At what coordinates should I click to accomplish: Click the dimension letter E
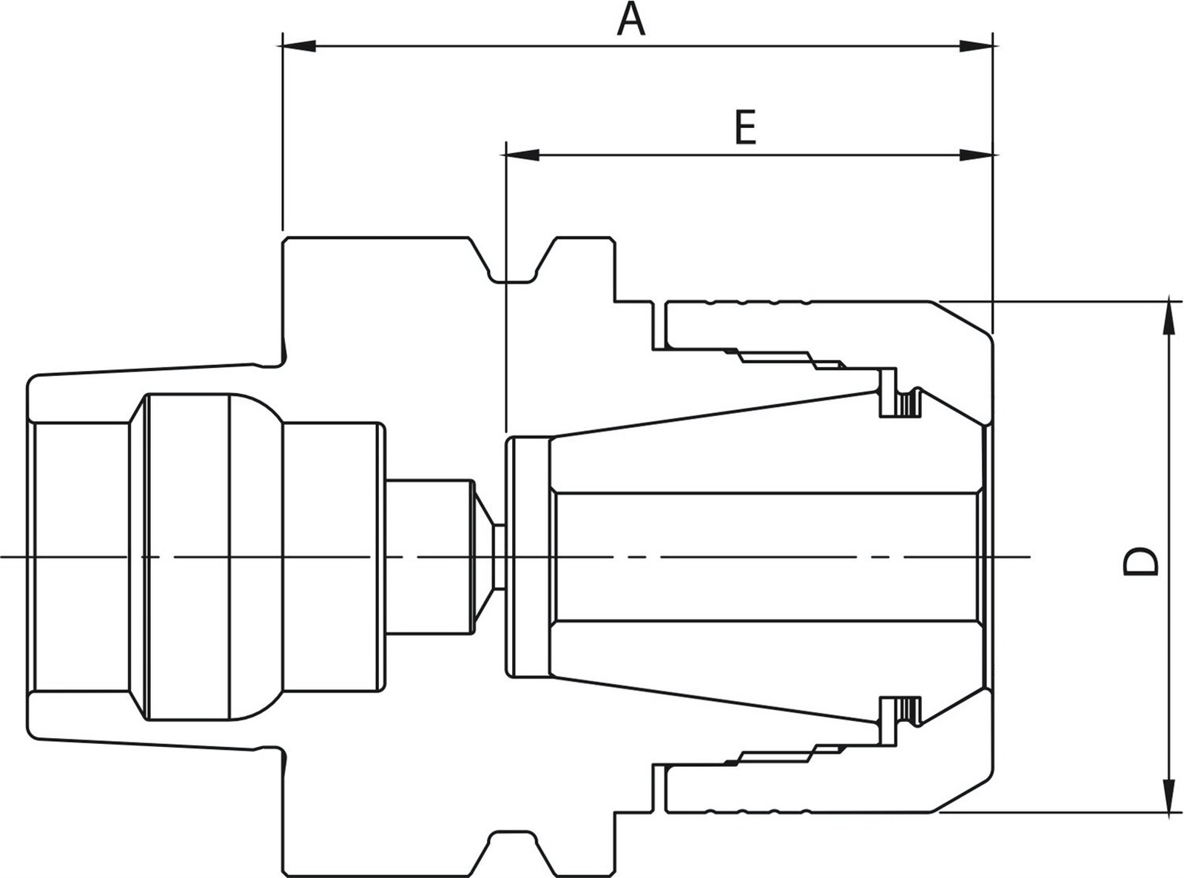[x=746, y=127]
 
